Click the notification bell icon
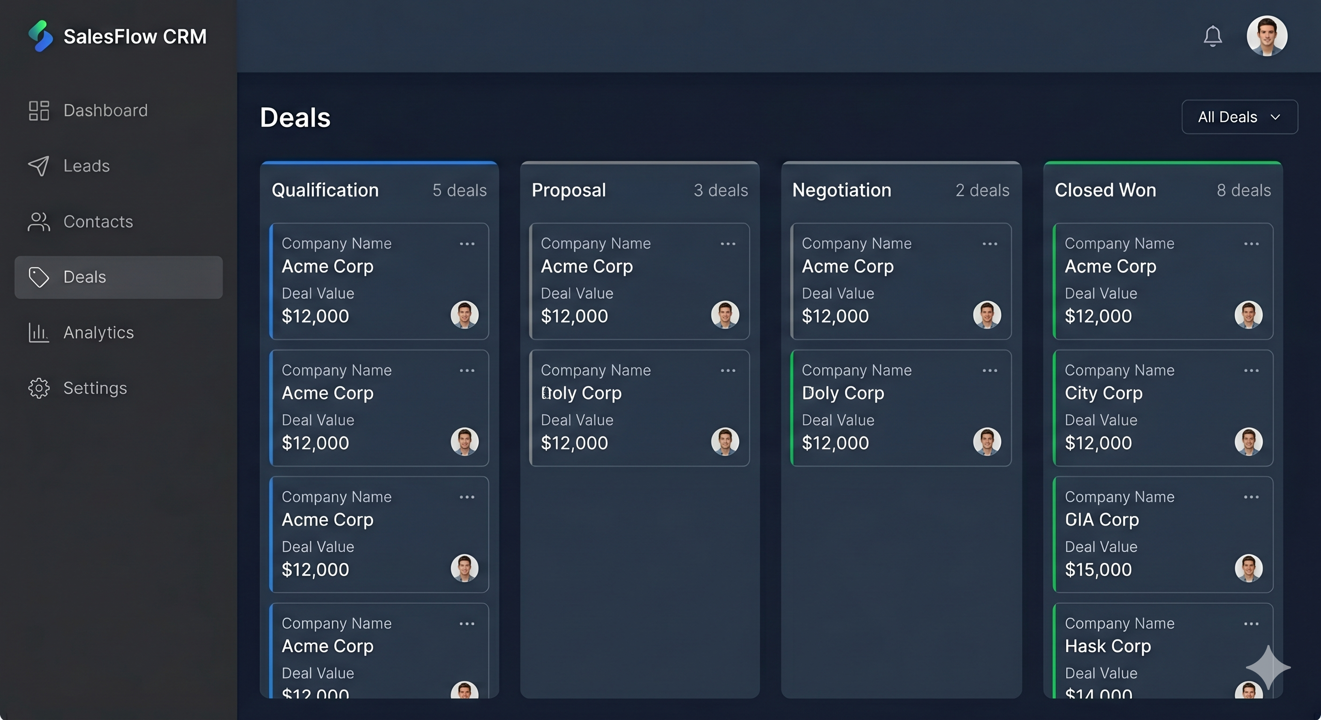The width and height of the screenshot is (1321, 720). coord(1213,36)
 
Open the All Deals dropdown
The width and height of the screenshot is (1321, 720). coord(1239,117)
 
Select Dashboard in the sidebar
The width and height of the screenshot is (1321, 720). coord(105,110)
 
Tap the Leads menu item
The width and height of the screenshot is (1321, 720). coord(86,165)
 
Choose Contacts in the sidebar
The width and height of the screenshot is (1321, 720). coord(98,221)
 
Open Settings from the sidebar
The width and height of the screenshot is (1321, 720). coord(95,388)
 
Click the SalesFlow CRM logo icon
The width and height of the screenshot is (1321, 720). coord(40,36)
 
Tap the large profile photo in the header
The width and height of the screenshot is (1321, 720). coord(1267,36)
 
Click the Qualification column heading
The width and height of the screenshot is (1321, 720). coord(325,190)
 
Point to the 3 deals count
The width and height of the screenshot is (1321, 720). coord(721,190)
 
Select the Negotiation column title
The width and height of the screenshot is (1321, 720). coord(842,190)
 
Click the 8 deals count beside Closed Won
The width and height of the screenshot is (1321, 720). coord(1244,190)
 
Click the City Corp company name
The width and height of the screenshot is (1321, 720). coord(1103,393)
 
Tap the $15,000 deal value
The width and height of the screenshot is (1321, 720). coord(1098,570)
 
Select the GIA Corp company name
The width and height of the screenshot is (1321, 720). coord(1101,520)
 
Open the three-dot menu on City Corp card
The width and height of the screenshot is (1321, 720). coord(1251,370)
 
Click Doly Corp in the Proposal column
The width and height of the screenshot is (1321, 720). coord(581,393)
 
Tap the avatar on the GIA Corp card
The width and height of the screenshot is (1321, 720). coord(1248,568)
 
